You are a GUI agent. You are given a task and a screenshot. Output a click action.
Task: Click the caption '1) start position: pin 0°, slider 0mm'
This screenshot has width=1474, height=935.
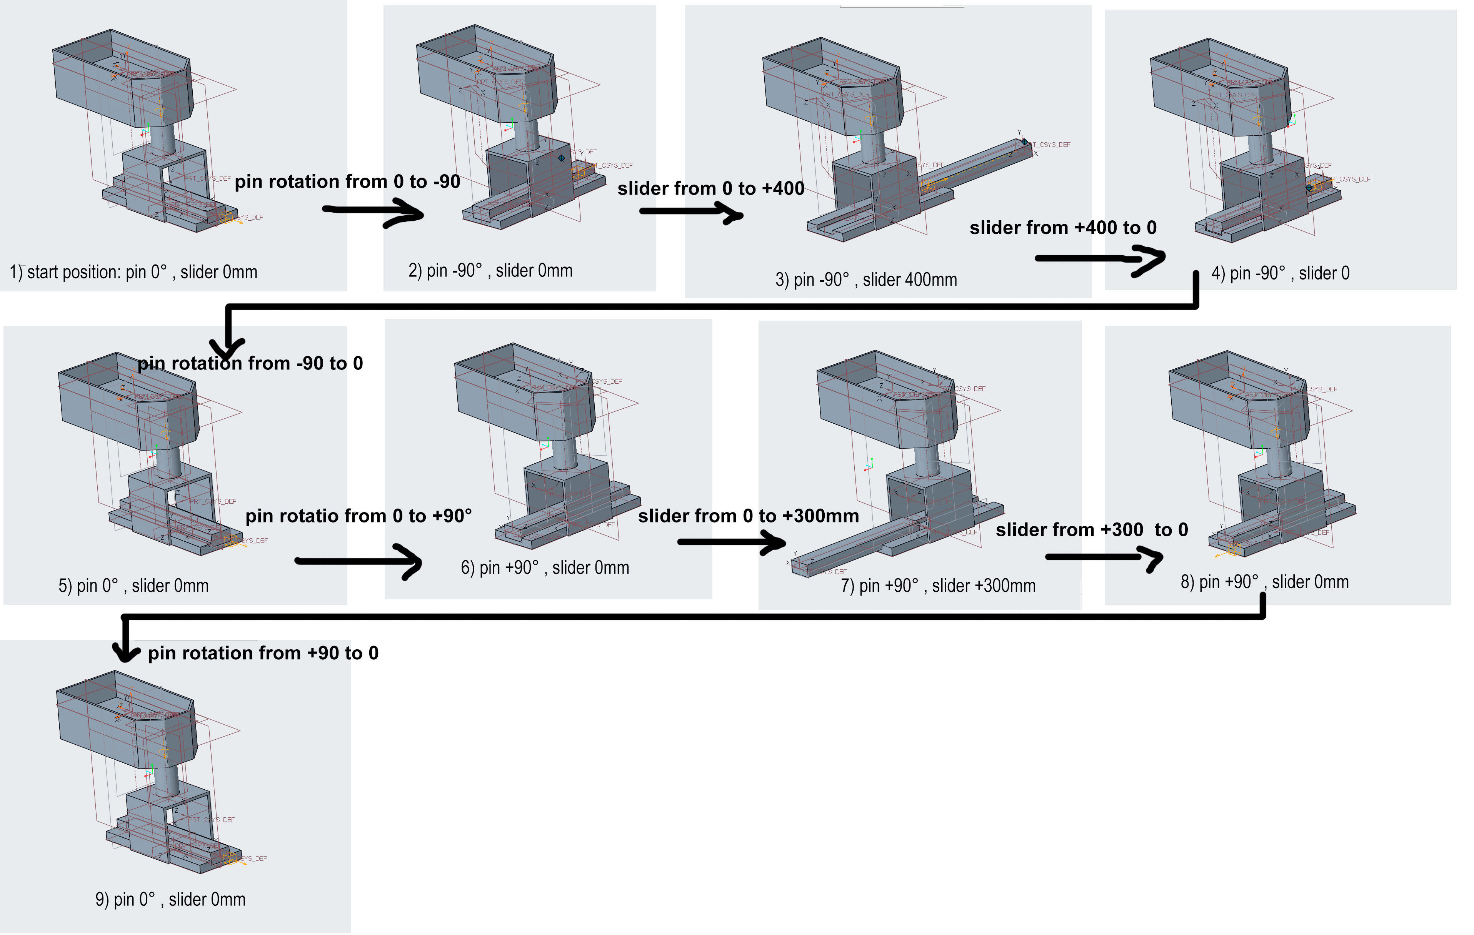tap(133, 272)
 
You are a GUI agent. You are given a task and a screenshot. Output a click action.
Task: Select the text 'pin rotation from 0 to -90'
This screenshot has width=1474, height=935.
tap(347, 182)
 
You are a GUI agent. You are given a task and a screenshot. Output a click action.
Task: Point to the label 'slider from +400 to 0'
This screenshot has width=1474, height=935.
tap(1063, 228)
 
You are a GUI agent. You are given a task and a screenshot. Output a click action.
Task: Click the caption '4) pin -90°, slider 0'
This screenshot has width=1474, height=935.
tap(1280, 273)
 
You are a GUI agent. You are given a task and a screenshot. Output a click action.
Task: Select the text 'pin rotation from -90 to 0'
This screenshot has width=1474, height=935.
tap(250, 363)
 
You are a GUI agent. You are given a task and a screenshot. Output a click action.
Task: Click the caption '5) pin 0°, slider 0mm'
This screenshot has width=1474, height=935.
tap(133, 586)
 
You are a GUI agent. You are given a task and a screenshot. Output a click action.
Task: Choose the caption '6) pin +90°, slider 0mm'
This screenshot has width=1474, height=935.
tap(545, 568)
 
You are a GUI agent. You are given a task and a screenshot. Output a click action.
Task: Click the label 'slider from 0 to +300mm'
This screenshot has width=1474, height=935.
tap(748, 516)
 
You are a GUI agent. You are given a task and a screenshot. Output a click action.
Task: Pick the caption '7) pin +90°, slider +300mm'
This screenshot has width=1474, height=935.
tap(938, 586)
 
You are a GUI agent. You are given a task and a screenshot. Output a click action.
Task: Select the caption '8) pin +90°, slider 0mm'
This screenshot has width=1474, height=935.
tap(1264, 582)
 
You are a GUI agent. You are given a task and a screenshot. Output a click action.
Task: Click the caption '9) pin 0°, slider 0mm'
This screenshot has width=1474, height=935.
tap(170, 900)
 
